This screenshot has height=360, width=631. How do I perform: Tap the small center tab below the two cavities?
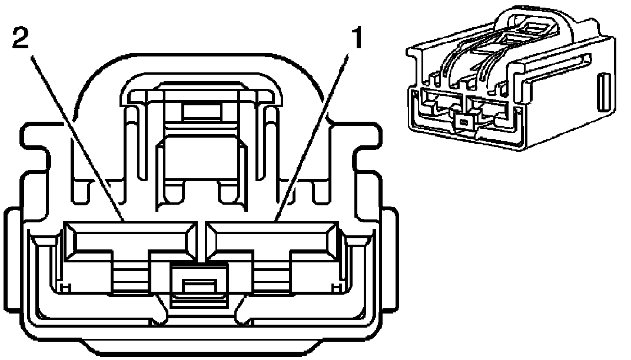(198, 286)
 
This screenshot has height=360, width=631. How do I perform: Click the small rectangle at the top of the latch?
(200, 110)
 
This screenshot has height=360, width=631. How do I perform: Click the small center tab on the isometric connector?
(464, 122)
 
